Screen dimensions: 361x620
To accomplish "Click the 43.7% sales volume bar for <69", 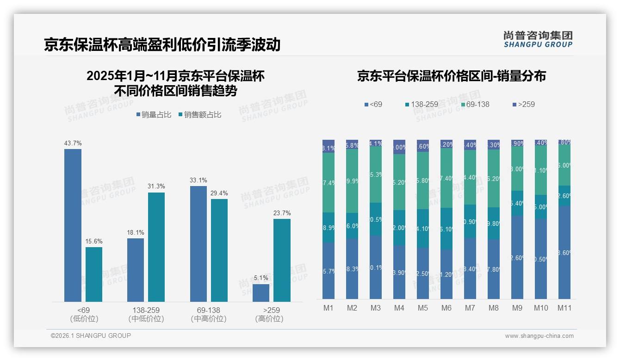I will coord(73,225).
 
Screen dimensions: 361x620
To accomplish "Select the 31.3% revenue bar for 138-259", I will coord(156,247).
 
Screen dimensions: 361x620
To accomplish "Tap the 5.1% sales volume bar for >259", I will coord(261,293).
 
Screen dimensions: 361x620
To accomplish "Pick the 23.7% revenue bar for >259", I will coord(282,260).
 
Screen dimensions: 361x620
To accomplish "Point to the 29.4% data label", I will coord(219,193).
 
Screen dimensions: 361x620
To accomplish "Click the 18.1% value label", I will coord(136,233).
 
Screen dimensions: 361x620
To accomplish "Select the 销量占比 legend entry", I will coord(155,115).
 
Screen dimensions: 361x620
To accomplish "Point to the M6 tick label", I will coord(446,308).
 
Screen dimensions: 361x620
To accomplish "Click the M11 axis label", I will coord(564,308).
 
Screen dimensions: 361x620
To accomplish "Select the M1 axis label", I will coord(329,308).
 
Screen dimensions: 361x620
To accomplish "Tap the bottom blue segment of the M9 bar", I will coord(517,257).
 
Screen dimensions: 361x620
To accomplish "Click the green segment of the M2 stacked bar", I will coord(352,181).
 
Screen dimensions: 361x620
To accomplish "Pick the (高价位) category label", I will coord(269,319).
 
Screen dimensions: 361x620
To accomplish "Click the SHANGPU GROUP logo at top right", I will coord(538,39).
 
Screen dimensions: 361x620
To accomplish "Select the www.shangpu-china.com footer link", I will coord(539,336).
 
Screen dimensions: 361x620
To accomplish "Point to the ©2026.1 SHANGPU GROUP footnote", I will coord(91,336).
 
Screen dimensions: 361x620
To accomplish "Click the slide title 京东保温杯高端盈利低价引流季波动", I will coord(162,44).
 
